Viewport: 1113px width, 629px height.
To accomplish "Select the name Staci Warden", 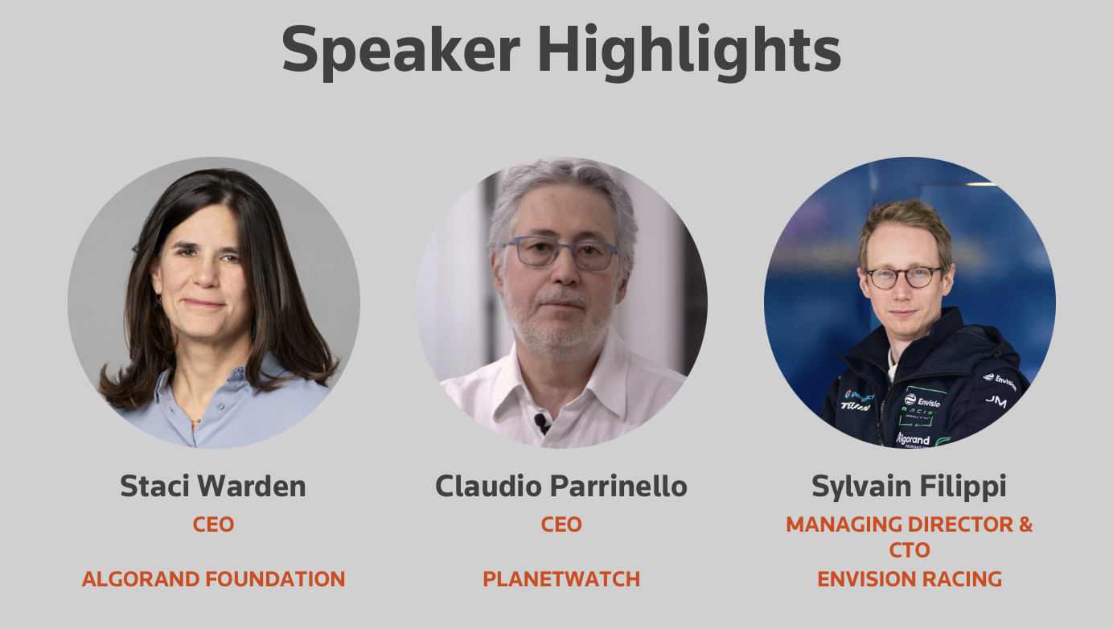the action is [213, 486].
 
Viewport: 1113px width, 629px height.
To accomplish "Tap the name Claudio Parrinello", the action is [561, 486].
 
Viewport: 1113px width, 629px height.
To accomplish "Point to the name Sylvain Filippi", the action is [910, 487].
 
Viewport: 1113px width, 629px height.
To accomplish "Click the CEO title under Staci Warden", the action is [213, 524].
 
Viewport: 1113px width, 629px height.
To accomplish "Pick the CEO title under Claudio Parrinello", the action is [561, 524].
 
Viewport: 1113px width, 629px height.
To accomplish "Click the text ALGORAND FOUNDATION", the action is [213, 579].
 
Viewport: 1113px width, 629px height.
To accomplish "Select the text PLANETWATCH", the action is [561, 579].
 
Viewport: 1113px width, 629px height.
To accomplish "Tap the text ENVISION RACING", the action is [910, 579].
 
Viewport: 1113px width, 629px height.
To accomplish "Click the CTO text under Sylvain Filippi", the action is [910, 550].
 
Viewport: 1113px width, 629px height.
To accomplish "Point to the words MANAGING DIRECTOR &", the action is [910, 524].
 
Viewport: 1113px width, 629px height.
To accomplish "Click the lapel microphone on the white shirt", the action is [541, 423].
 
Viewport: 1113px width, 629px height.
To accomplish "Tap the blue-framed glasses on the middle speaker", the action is [561, 253].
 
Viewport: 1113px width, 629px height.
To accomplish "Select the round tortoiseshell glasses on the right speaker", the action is [903, 277].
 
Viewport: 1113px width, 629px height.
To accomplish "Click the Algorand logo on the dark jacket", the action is [913, 440].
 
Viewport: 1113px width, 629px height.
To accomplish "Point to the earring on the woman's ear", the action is [158, 301].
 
